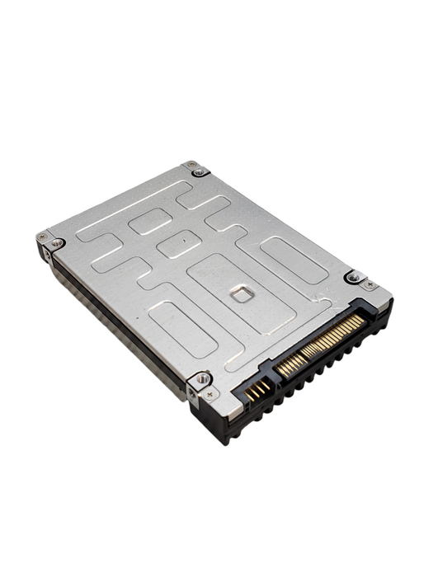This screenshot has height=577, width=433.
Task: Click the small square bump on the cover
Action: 240,293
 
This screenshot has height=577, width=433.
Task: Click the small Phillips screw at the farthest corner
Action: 191,165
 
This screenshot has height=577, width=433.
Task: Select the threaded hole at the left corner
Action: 55,243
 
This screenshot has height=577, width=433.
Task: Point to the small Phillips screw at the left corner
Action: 42,237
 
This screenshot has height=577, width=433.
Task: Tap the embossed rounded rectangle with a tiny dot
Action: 179,243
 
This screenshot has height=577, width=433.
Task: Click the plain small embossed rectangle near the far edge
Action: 150,220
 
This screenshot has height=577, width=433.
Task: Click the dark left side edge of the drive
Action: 115,330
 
